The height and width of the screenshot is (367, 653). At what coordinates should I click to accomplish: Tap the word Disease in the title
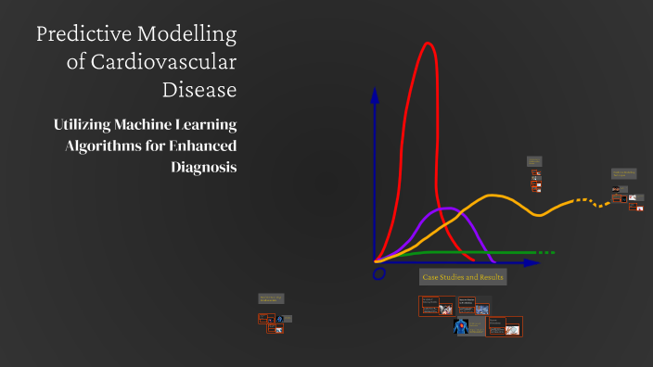point(199,90)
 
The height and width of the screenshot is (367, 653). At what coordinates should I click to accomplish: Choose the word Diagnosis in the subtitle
point(204,167)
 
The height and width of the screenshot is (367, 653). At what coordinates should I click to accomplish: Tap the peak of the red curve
point(428,44)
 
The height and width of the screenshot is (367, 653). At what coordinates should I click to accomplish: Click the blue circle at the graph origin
point(378,274)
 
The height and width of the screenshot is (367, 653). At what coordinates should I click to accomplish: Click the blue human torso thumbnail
point(462,327)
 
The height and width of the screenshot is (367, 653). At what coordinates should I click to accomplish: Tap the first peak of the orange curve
point(494,196)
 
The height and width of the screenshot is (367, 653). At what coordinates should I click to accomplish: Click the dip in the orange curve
point(541,215)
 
